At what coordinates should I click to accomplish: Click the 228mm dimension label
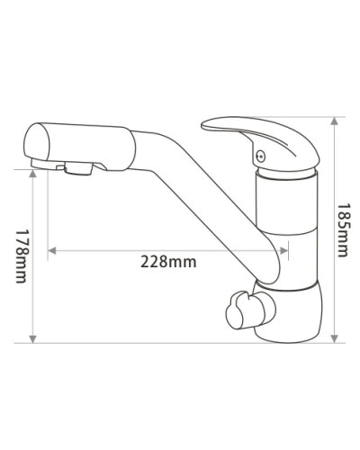click(168, 262)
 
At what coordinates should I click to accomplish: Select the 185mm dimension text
click(341, 230)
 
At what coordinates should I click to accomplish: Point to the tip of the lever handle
click(206, 121)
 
